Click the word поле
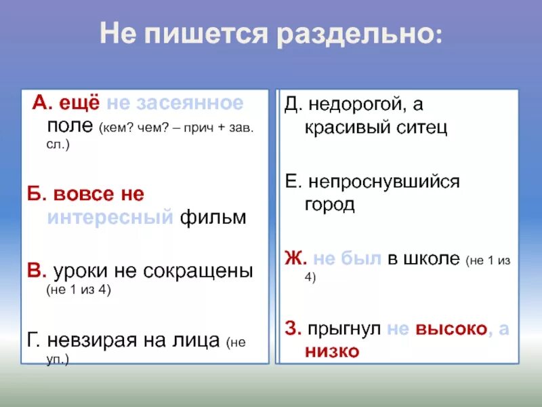(71, 126)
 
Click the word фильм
(213, 217)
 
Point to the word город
(329, 204)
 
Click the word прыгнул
(343, 328)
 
